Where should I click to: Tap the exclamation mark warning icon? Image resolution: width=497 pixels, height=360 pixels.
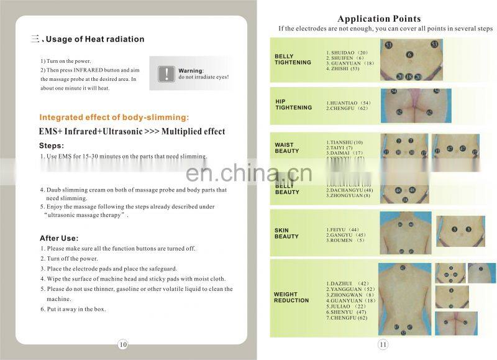pyautogui.click(x=166, y=74)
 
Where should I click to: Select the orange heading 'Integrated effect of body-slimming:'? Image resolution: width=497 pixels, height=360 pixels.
pyautogui.click(x=114, y=118)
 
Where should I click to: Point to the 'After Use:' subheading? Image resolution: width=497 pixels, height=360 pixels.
pyautogui.click(x=58, y=238)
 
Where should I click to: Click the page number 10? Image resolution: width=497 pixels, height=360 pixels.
pyautogui.click(x=122, y=344)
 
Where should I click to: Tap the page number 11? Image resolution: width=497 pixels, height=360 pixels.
pyautogui.click(x=383, y=344)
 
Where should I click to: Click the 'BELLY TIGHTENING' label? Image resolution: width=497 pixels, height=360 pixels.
pyautogui.click(x=293, y=60)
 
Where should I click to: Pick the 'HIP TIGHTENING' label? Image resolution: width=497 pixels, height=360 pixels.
pyautogui.click(x=293, y=104)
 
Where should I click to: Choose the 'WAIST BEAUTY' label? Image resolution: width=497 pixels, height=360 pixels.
pyautogui.click(x=287, y=148)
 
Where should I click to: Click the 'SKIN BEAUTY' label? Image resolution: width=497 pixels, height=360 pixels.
pyautogui.click(x=286, y=233)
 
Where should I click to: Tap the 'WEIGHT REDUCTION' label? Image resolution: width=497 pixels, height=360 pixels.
pyautogui.click(x=291, y=297)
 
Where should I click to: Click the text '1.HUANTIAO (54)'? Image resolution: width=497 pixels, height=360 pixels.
pyautogui.click(x=349, y=103)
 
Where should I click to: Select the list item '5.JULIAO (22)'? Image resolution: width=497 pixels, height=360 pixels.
pyautogui.click(x=345, y=307)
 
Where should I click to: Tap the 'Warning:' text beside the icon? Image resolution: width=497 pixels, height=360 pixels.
pyautogui.click(x=191, y=71)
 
